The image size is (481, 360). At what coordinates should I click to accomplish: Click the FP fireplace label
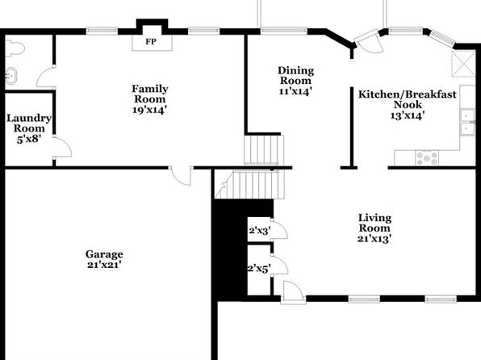151,41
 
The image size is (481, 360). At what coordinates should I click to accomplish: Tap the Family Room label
150,94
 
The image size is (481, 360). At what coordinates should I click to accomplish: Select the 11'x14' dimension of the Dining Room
295,91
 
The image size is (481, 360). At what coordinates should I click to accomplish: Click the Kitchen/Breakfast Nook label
408,99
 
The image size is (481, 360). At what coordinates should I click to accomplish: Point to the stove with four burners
427,158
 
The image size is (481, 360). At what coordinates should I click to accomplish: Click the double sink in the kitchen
467,122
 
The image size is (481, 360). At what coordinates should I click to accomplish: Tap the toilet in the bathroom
15,48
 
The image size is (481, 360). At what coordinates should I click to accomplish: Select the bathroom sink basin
11,76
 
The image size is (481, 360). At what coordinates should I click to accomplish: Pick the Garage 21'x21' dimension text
105,264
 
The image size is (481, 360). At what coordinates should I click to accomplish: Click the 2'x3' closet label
260,230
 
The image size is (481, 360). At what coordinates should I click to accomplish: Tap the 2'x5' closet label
259,269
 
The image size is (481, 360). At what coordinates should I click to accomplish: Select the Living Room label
374,223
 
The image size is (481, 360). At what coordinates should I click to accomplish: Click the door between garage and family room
182,176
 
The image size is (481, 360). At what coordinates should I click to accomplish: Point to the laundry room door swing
62,148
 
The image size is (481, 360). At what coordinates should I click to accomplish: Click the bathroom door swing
46,77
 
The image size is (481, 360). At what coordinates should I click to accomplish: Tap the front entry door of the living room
293,291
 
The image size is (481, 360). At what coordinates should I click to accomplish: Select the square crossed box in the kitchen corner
463,64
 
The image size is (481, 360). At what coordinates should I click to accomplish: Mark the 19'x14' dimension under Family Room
149,110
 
